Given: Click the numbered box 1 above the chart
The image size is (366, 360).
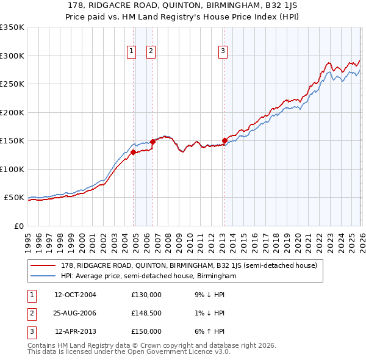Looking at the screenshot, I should pos(132,52).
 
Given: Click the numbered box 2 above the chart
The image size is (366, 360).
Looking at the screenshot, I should pos(151,52).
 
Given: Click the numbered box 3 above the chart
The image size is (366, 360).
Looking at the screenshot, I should pos(223,52).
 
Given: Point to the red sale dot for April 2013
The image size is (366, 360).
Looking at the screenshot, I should pos(224,140).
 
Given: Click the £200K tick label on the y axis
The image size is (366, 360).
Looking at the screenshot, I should pos(12,112).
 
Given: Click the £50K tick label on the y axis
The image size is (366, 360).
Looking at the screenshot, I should pos(15,198).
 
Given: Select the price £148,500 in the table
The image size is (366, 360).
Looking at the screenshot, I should pos(146,312).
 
